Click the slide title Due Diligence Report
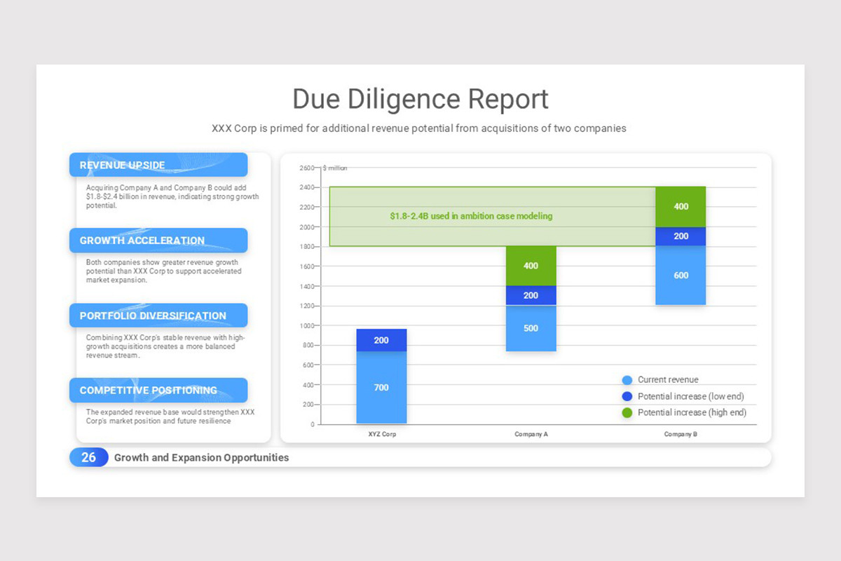[420, 99]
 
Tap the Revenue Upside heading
[123, 165]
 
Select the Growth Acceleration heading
[142, 241]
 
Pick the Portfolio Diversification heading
[153, 316]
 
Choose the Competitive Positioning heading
[149, 391]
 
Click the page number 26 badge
[88, 457]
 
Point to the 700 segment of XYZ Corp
[381, 388]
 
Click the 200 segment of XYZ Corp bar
[381, 340]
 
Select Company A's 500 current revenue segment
[531, 328]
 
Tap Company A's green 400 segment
[531, 266]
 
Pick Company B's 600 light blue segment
[681, 276]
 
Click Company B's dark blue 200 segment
[681, 236]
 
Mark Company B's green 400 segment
[681, 207]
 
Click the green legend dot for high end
[627, 412]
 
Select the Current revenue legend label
[668, 379]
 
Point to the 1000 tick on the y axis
[308, 325]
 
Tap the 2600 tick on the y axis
[308, 168]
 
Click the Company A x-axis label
[531, 434]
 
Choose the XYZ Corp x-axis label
[381, 434]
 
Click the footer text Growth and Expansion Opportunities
[201, 457]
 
